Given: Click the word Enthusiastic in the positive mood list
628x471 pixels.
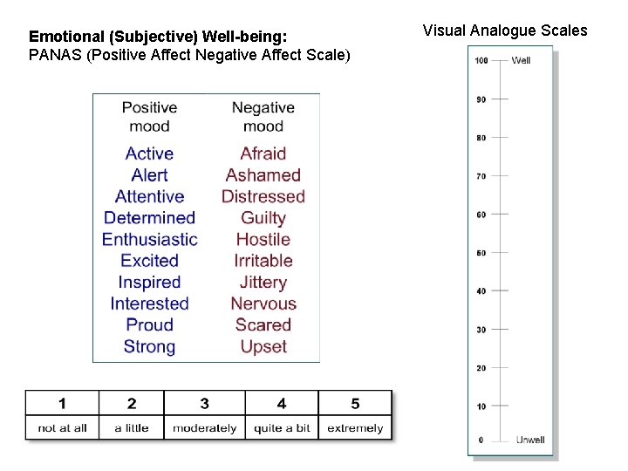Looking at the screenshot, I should [150, 239].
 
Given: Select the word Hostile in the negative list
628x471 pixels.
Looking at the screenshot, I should [263, 239].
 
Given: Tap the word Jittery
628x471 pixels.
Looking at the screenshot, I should [263, 282].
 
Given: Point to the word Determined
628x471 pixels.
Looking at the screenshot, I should [149, 217].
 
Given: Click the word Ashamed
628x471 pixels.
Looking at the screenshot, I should [263, 174].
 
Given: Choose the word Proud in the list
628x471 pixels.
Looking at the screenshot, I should [150, 324].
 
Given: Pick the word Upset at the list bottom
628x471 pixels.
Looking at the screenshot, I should [263, 346].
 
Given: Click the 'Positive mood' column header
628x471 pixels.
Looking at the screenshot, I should [149, 117].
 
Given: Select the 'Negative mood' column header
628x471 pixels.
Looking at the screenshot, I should [263, 117].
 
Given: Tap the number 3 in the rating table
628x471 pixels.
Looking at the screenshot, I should [204, 403].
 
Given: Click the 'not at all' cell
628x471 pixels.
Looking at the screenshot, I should [63, 428].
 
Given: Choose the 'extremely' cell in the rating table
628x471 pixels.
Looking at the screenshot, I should [355, 428].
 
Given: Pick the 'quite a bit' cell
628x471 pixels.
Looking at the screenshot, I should [282, 428].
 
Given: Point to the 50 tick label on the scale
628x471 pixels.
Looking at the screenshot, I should [481, 253].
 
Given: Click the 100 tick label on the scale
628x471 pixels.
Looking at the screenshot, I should [481, 60].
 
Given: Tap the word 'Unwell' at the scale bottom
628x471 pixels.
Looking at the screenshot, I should [530, 440].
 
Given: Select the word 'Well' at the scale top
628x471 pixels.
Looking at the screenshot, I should [521, 60].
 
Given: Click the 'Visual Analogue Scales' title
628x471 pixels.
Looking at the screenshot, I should [505, 31].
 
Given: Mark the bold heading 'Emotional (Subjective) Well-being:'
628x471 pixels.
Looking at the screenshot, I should [158, 37].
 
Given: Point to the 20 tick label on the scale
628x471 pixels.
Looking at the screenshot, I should [481, 368].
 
